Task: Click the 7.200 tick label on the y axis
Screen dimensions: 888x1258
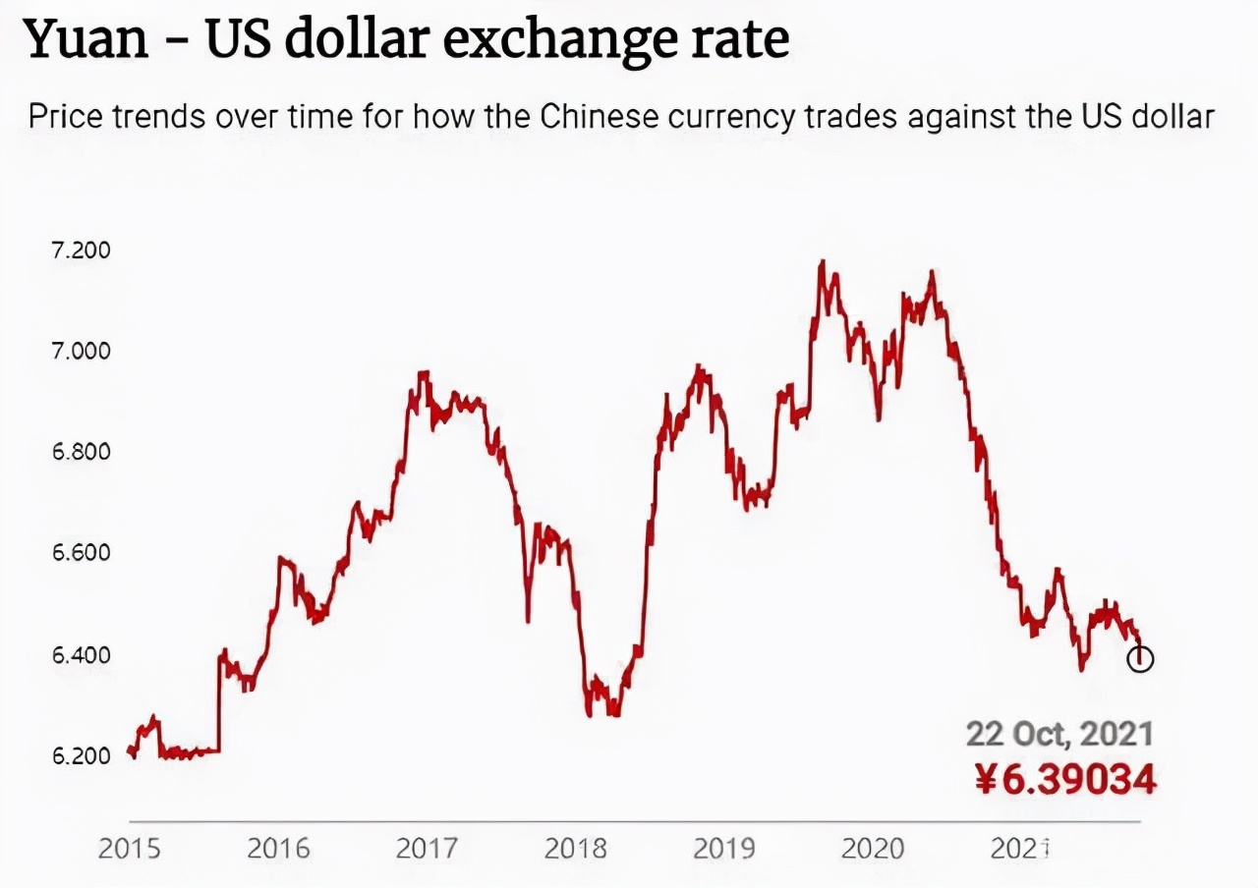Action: click(x=81, y=250)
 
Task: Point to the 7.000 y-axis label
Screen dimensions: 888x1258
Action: click(x=81, y=351)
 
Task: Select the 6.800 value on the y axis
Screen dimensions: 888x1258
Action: click(x=81, y=453)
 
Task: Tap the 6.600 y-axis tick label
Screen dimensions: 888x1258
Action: click(x=81, y=553)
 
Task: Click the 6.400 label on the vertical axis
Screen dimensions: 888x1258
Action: click(x=81, y=654)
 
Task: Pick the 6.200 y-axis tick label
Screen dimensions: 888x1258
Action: click(x=81, y=756)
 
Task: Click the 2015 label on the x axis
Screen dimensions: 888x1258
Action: click(x=129, y=848)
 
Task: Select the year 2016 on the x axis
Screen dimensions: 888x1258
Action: click(x=278, y=848)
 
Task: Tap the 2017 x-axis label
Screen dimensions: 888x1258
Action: click(x=428, y=848)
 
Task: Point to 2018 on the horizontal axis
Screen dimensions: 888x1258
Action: click(x=577, y=848)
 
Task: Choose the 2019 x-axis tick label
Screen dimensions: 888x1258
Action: click(x=725, y=848)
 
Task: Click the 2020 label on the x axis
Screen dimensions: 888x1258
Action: click(x=875, y=848)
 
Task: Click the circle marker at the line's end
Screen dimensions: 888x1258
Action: click(x=1140, y=659)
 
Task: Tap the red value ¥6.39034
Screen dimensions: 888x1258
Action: click(x=1065, y=779)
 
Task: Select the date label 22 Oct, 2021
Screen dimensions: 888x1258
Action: click(x=1059, y=734)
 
